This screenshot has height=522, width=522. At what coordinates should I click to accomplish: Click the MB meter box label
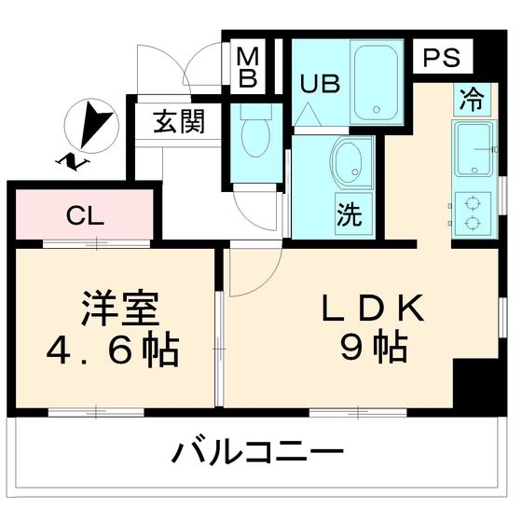246,67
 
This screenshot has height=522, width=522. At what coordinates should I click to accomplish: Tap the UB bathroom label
314,81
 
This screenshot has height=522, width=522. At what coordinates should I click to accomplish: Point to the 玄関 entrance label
179,121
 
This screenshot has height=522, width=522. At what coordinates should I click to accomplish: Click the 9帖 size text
374,349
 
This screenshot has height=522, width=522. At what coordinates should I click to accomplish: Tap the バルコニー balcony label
254,454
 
